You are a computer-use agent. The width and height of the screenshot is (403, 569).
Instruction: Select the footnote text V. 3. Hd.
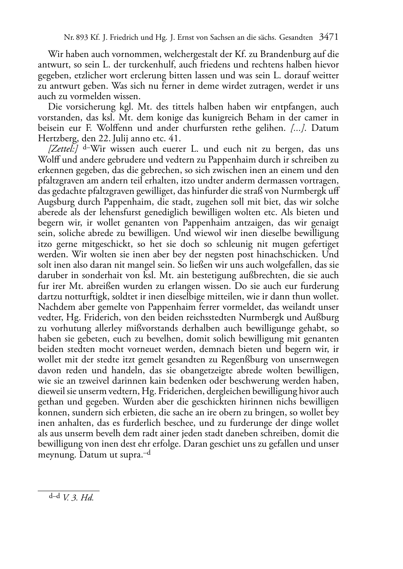coord(78,498)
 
